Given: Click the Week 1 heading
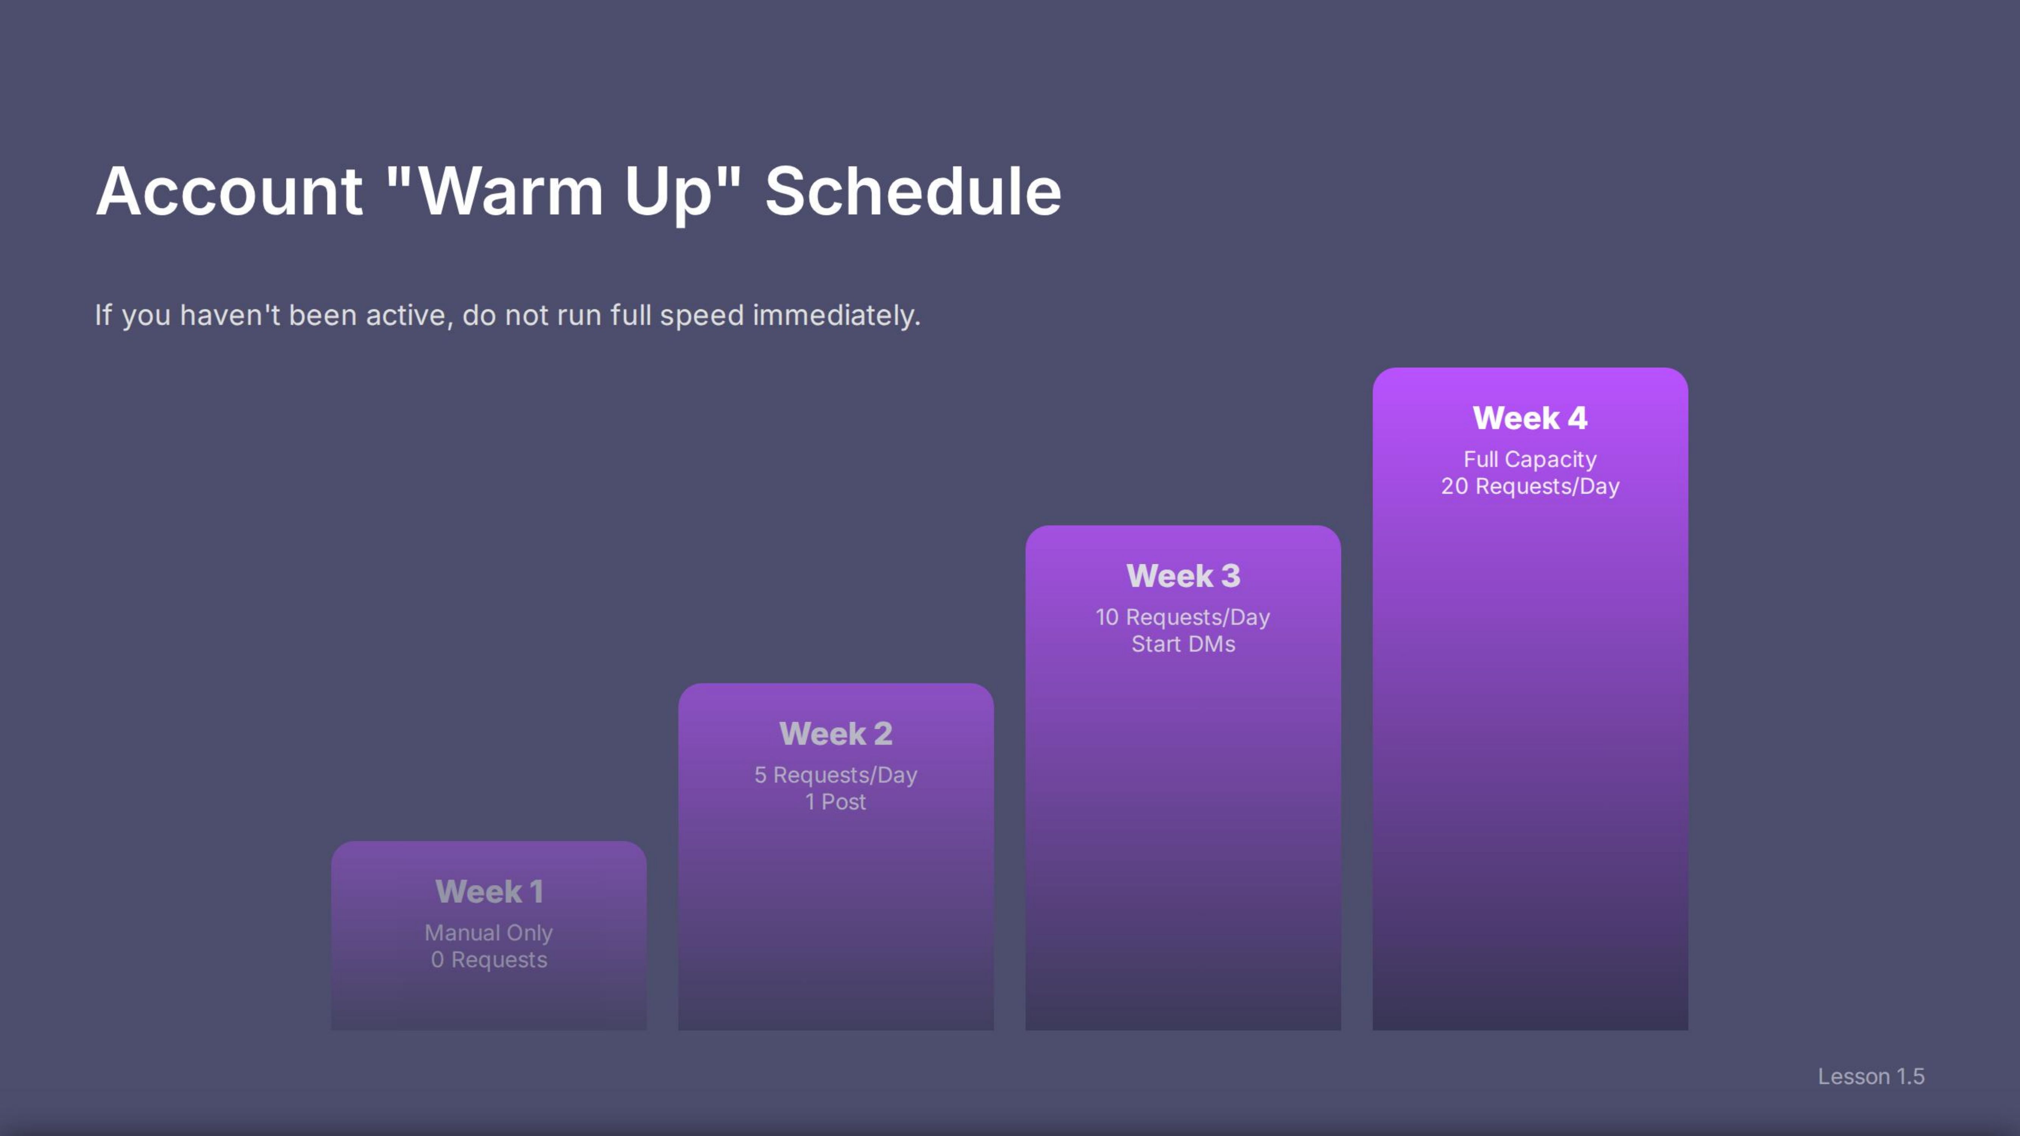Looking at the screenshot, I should click(x=489, y=891).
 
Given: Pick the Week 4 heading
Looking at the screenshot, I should click(x=1530, y=418).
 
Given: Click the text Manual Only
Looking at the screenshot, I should click(x=489, y=933).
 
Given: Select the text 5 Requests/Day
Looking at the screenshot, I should click(x=836, y=776).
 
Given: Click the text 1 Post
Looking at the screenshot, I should click(x=836, y=802).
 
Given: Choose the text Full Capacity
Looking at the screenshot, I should click(x=1530, y=459).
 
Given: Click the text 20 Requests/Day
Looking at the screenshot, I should click(x=1530, y=486).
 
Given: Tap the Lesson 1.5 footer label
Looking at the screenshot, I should click(x=1871, y=1077).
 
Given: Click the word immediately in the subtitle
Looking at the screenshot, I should click(x=836, y=315).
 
